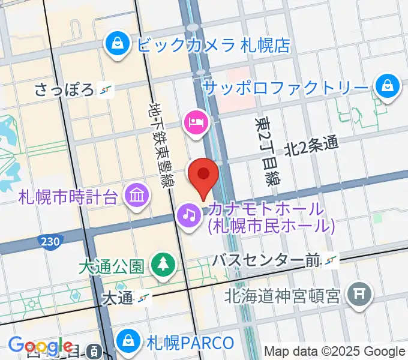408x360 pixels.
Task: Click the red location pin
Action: tap(203, 176)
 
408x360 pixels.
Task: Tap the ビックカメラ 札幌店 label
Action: tap(213, 44)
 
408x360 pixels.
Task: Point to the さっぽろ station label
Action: tap(65, 90)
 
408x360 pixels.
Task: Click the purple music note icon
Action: tap(190, 213)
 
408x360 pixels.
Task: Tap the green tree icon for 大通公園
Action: tap(162, 264)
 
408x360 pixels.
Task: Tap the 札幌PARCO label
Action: tap(190, 343)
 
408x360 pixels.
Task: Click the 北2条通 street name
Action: tap(311, 145)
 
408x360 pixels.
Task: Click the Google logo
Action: tap(41, 346)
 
